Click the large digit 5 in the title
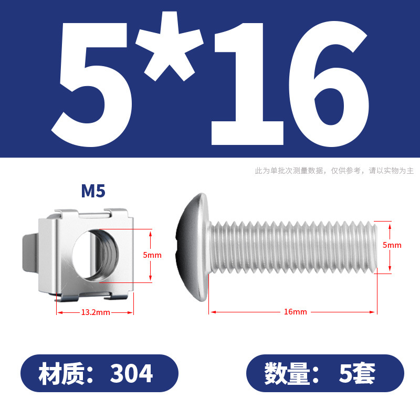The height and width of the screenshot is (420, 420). pyautogui.click(x=92, y=85)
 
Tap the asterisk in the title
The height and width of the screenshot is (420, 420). pyautogui.click(x=169, y=46)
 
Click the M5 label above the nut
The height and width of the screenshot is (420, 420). pyautogui.click(x=93, y=191)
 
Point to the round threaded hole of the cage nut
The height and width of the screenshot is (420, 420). pyautogui.click(x=96, y=255)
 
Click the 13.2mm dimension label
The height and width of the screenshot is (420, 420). pyautogui.click(x=96, y=312)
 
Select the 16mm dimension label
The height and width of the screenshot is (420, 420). pyautogui.click(x=295, y=312)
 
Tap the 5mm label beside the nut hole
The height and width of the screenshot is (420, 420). pyautogui.click(x=152, y=255)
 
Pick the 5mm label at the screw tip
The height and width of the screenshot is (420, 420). pyautogui.click(x=392, y=245)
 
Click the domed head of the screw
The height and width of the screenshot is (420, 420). pyautogui.click(x=193, y=247)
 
